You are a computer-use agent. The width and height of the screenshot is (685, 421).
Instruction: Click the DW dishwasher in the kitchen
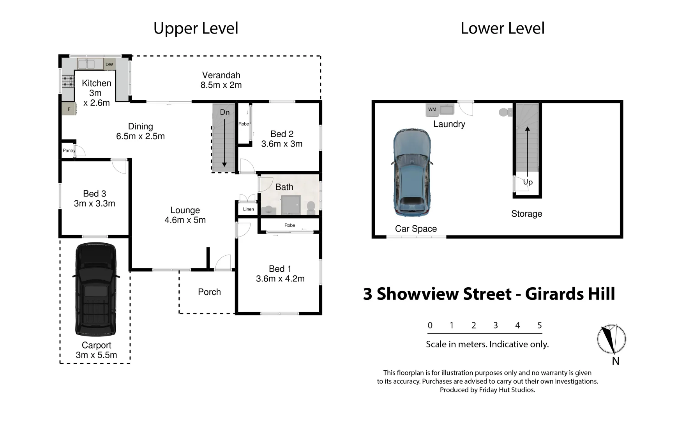109,64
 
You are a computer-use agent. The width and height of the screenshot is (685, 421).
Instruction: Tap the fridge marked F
69,109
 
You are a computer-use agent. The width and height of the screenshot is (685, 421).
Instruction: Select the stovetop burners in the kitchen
68,81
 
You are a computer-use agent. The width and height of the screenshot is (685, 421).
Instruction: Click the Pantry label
69,150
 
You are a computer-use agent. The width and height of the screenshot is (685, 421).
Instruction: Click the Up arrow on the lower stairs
528,152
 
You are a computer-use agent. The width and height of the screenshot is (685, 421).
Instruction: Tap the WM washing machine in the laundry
432,110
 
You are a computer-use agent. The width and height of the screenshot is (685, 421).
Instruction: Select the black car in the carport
95,289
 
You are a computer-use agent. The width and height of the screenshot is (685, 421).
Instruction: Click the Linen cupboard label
248,209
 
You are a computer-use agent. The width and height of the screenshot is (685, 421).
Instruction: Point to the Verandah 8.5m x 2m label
221,80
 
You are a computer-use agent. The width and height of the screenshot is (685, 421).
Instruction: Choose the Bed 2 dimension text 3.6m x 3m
282,144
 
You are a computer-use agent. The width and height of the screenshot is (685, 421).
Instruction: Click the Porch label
209,292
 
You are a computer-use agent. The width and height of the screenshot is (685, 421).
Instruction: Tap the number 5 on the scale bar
539,325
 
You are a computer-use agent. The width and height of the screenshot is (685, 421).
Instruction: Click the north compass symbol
611,339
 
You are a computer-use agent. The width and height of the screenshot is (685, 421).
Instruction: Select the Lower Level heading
502,28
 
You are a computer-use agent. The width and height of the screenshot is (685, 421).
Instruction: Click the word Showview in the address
444,294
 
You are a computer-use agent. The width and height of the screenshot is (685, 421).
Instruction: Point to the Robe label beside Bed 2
244,124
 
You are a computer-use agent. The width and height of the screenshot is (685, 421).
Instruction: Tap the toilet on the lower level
504,112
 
